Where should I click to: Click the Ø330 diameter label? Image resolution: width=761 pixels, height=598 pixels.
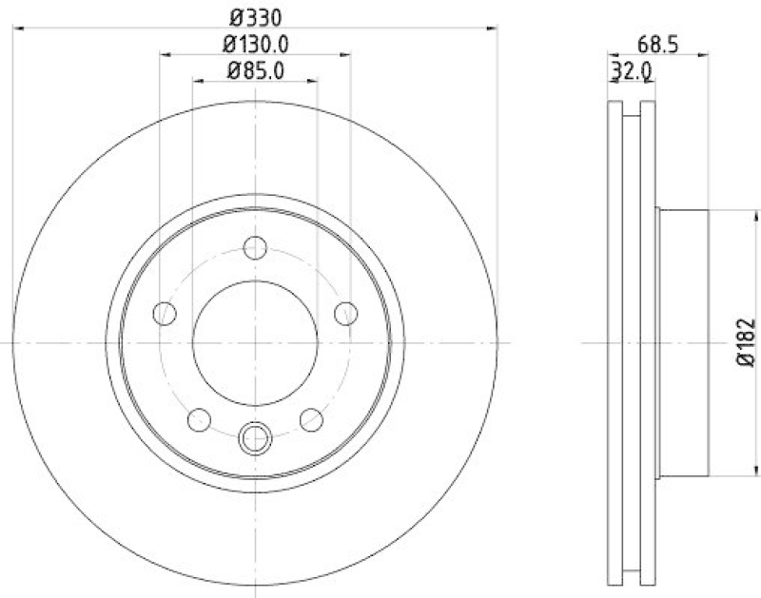255,16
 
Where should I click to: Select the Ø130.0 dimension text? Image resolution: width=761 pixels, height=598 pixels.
255,43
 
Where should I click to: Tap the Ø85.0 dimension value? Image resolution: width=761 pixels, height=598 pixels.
255,69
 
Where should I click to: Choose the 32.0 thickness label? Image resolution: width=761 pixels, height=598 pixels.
631,69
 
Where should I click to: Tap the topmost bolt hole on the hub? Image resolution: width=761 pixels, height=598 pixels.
254,247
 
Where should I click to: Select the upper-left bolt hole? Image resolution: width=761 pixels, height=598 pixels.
166,312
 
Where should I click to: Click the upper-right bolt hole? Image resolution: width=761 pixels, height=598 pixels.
345,312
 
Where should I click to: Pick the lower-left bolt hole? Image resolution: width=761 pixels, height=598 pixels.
200,417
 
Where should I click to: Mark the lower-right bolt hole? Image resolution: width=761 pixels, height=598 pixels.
310,417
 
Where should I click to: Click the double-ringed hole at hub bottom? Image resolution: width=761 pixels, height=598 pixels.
255,438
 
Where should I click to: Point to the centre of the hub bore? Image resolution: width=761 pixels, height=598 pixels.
255,342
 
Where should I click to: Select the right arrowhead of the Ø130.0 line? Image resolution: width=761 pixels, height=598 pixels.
345,56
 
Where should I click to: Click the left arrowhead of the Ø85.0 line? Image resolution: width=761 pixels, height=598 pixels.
198,83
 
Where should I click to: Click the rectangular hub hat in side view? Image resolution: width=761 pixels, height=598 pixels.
683,342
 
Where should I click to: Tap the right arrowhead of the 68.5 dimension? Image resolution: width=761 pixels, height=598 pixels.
705,56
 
